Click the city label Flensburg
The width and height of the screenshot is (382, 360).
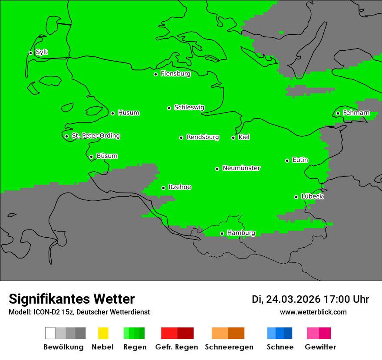coord(175,74)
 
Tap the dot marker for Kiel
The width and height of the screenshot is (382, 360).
coord(233,137)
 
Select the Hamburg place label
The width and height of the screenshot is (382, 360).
coord(241,233)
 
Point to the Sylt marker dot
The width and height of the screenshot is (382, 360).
coord(30,53)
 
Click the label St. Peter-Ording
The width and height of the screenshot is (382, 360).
coord(95,136)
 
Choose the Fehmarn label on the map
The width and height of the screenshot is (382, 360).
coord(356,113)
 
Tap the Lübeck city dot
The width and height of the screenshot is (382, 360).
coord(296,197)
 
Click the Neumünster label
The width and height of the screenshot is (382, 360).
coord(241,168)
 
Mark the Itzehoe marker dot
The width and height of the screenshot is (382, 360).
coord(163,188)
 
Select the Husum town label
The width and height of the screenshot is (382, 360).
coord(128,113)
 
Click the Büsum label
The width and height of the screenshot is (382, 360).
coord(107,156)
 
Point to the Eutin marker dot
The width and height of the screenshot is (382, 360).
coord(287,160)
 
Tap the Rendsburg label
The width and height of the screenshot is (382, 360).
coord(203,137)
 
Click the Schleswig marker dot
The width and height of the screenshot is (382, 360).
coord(169,108)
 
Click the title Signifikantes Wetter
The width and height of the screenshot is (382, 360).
coord(72,299)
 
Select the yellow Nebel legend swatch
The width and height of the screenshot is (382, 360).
coord(103,333)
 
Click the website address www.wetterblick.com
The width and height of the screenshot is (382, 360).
coord(313,312)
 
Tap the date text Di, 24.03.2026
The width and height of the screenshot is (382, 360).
coord(286,299)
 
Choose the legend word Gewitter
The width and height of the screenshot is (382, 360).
coord(320,347)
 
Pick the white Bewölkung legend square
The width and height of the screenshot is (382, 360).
coord(50,333)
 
